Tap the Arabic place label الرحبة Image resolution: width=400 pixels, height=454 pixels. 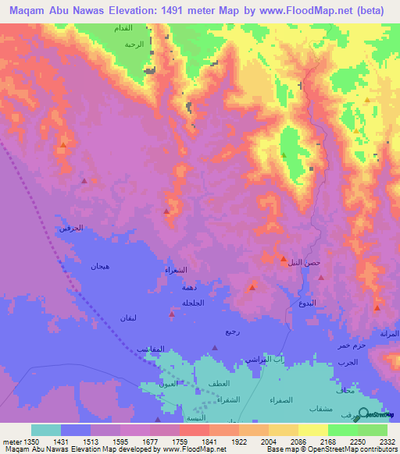134,44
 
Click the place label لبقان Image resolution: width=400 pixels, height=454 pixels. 129,317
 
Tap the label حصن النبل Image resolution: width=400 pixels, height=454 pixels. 301,263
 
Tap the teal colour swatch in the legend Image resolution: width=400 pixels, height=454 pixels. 45,430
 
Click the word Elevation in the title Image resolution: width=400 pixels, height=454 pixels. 129,10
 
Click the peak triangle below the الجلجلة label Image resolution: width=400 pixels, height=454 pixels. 171,314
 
